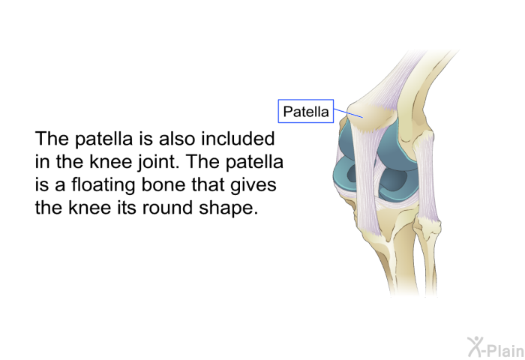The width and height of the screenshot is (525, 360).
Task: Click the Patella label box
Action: (x=306, y=111)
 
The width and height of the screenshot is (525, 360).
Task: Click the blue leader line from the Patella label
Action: (x=348, y=112)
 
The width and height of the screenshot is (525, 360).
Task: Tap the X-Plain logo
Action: (x=496, y=347)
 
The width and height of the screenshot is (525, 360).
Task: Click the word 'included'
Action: (x=238, y=138)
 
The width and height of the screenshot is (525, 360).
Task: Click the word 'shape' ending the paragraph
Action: (x=228, y=208)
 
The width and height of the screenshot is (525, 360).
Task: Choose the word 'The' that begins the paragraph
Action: (x=52, y=138)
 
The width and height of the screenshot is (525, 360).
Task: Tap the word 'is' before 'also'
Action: (x=145, y=139)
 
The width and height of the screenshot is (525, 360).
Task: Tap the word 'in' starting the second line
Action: (x=42, y=162)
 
